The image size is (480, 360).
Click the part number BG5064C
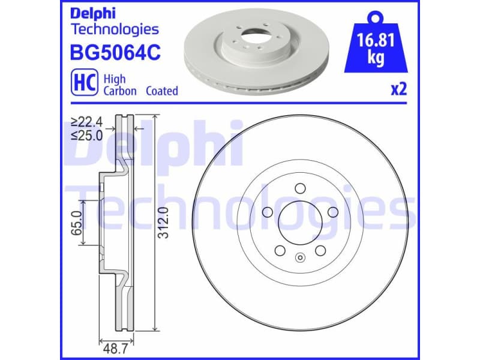[x=116, y=53]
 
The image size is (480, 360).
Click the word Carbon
[x=120, y=91]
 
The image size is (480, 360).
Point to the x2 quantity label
[x=398, y=90]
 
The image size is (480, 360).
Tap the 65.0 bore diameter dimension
[x=76, y=222]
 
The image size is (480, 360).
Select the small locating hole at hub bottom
[x=300, y=259]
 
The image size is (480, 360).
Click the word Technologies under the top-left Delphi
[x=115, y=29]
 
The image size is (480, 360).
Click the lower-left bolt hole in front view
[x=279, y=250]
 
